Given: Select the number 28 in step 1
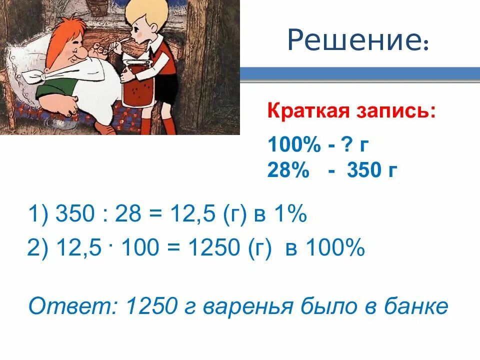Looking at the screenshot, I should (x=129, y=216).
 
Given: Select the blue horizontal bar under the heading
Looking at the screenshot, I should (x=360, y=75).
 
